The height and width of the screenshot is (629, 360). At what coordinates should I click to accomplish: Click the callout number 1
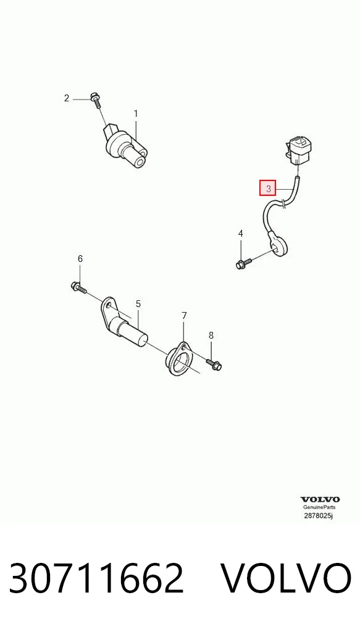pos(135,114)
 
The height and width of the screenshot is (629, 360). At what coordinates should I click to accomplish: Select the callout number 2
pos(67,98)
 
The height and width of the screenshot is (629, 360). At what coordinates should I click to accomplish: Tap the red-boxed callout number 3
pos(268,188)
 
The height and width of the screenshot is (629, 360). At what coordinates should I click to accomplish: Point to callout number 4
pos(241,234)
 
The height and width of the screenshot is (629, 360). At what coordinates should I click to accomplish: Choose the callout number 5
pos(138,304)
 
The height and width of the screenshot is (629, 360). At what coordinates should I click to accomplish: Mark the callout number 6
pos(80,259)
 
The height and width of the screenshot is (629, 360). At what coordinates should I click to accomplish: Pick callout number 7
pos(184,316)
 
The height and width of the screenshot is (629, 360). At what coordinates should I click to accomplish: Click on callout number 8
pos(211,336)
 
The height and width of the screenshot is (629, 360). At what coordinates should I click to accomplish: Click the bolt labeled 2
pos(96,99)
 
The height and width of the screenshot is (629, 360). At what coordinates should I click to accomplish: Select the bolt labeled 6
pos(78,287)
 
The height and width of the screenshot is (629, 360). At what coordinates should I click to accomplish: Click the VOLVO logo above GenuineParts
pos(320,499)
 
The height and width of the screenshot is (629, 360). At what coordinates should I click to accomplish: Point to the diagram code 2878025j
pos(318,515)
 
